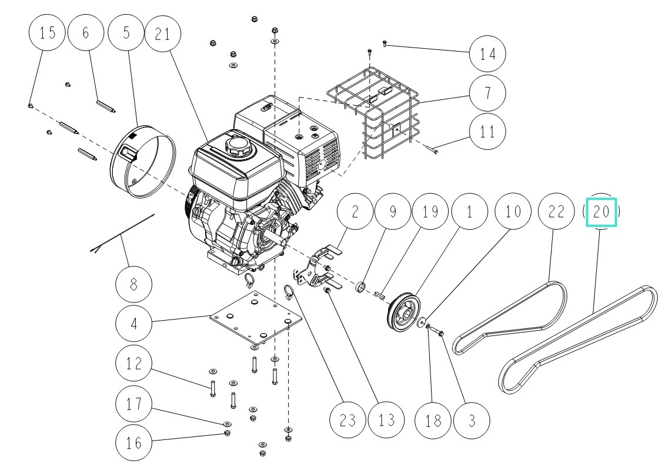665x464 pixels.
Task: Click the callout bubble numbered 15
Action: click(x=48, y=33)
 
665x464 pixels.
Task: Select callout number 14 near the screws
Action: click(x=487, y=54)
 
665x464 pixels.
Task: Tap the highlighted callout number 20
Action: click(x=600, y=212)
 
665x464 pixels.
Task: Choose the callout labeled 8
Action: click(x=133, y=285)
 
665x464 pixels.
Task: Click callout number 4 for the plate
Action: click(x=133, y=324)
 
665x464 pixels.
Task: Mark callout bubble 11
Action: click(x=487, y=132)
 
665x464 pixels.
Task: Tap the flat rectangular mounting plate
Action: click(x=256, y=317)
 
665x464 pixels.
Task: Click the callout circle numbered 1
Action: click(x=469, y=212)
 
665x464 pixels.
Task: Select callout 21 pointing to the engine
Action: click(x=165, y=33)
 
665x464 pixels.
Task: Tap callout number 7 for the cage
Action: click(x=487, y=93)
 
